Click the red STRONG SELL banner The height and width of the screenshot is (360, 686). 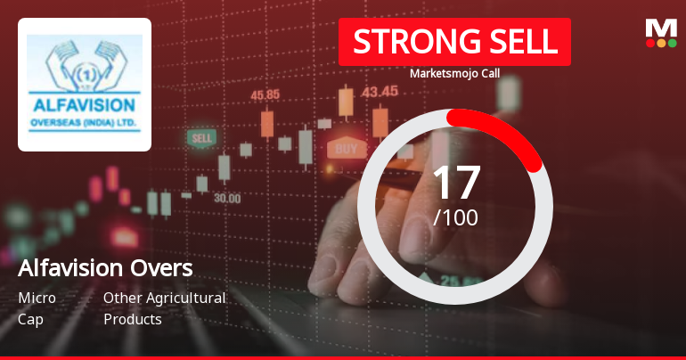click(x=454, y=42)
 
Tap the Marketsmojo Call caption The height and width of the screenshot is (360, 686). click(x=454, y=73)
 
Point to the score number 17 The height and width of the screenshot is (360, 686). click(x=455, y=183)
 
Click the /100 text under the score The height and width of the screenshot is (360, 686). click(x=455, y=217)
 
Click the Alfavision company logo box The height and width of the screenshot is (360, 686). click(x=85, y=85)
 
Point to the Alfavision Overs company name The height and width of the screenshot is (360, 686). click(x=105, y=268)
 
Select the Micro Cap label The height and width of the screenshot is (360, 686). click(x=37, y=308)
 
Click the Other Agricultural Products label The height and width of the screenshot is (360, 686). click(x=164, y=308)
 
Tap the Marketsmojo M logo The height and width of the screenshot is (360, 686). click(x=660, y=33)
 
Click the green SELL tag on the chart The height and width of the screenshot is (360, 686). click(x=201, y=139)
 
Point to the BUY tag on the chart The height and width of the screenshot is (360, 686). click(x=347, y=148)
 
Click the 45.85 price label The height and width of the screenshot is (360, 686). click(x=265, y=94)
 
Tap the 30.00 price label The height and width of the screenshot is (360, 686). click(x=226, y=198)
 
